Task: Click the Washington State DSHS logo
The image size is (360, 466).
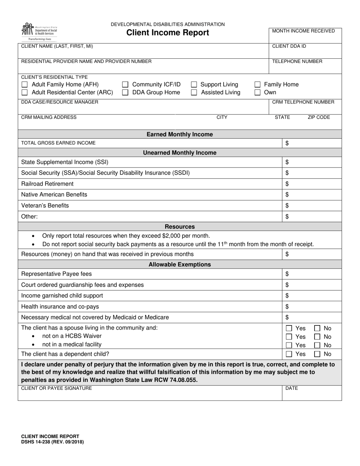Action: (x=39, y=31)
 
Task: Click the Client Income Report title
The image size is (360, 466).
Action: (x=167, y=33)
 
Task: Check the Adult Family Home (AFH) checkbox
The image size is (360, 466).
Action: (x=25, y=84)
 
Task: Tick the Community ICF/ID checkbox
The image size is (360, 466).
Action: (x=125, y=84)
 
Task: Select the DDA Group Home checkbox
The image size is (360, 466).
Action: (x=125, y=92)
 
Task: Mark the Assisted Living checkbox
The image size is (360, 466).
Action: (x=194, y=92)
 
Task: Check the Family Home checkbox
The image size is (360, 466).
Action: (x=257, y=84)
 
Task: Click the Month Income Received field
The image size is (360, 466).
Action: (x=305, y=36)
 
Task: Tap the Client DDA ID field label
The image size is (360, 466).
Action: (x=289, y=46)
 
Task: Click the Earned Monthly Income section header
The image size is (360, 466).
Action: (x=180, y=134)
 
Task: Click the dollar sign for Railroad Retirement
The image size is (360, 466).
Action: (x=287, y=184)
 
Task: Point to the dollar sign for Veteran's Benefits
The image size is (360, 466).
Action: (x=287, y=206)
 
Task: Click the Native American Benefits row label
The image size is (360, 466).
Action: (x=54, y=195)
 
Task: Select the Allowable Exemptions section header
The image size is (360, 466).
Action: (x=180, y=264)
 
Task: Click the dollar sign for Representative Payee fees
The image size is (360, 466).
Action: (x=287, y=274)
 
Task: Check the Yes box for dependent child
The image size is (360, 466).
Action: (x=289, y=354)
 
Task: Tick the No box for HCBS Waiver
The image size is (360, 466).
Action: (x=318, y=337)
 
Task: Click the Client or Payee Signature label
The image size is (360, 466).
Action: (x=56, y=388)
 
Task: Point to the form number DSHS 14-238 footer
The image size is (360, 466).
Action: (x=53, y=442)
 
